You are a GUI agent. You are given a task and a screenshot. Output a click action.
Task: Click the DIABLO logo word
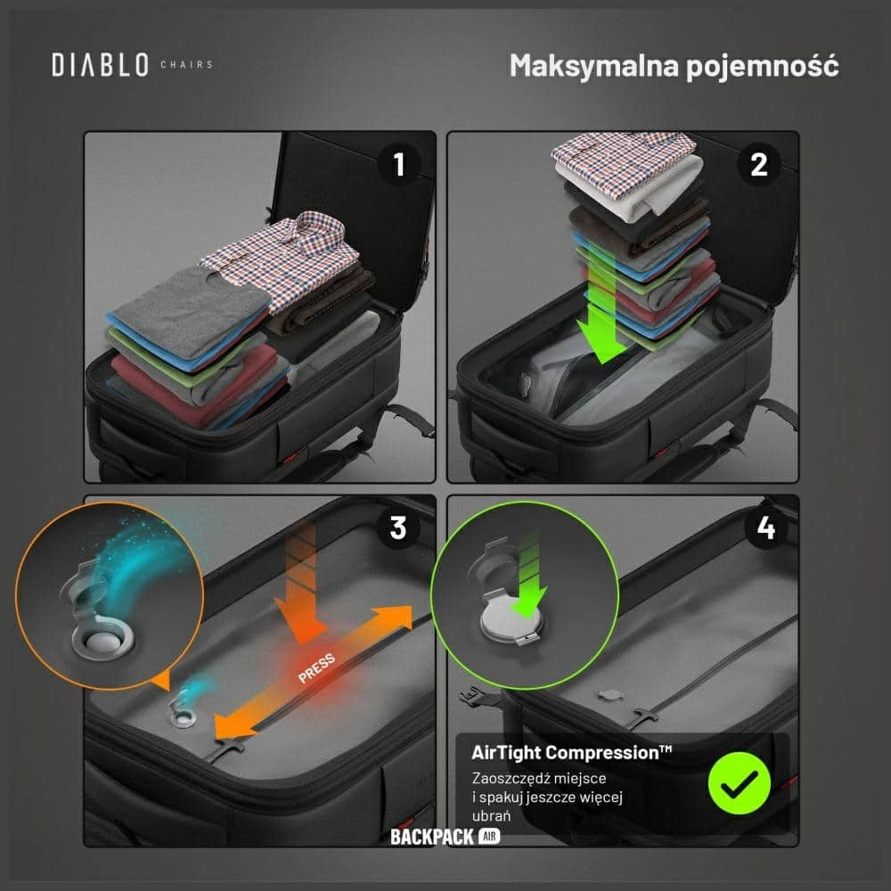pyautogui.click(x=100, y=65)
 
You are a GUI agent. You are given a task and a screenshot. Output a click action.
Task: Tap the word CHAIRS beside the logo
pyautogui.click(x=186, y=65)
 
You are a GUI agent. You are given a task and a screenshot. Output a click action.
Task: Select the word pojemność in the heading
pyautogui.click(x=763, y=67)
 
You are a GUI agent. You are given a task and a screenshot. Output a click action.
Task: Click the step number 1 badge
pyautogui.click(x=399, y=164)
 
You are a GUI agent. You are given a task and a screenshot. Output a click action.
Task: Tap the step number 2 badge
pyautogui.click(x=758, y=164)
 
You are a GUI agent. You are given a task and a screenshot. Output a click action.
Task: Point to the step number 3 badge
pyautogui.click(x=398, y=527)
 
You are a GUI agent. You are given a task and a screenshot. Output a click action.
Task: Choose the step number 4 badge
pyautogui.click(x=766, y=527)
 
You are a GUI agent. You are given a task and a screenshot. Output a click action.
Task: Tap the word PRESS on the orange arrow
pyautogui.click(x=316, y=668)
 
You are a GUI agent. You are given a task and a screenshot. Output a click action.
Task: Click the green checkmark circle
pyautogui.click(x=740, y=783)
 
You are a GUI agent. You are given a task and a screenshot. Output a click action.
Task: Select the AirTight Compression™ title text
pyautogui.click(x=572, y=752)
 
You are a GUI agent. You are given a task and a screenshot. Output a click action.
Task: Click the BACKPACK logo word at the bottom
pyautogui.click(x=432, y=837)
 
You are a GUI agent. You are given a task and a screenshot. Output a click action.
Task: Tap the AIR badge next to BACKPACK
pyautogui.click(x=489, y=837)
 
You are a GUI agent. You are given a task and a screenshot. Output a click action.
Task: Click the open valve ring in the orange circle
pyautogui.click(x=103, y=642)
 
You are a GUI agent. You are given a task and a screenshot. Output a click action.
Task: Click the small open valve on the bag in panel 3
pyautogui.click(x=184, y=717)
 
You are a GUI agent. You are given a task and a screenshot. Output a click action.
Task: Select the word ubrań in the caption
pyautogui.click(x=491, y=816)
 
